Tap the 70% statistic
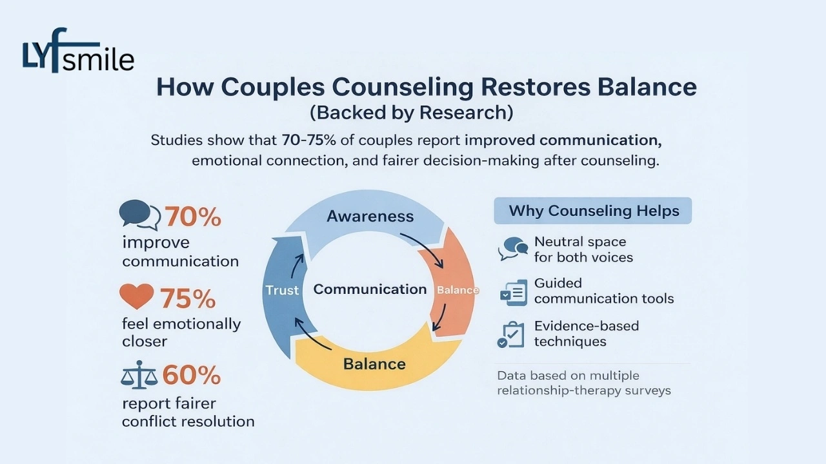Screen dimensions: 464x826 point(193,217)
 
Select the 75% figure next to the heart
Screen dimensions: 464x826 point(188,298)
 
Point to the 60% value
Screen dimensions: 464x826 point(192,374)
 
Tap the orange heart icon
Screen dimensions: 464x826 point(137,296)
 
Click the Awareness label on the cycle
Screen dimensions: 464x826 point(370,216)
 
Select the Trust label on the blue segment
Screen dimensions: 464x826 point(282,290)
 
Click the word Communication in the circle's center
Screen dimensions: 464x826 point(370,289)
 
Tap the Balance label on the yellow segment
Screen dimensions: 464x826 point(374,363)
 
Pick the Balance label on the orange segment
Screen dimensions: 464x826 point(458,290)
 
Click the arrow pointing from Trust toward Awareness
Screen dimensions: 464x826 point(298,264)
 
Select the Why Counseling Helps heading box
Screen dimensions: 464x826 point(593,211)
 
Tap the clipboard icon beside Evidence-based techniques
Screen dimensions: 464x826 point(512,334)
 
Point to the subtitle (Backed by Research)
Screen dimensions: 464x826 point(412,112)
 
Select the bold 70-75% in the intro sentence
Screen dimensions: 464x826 point(308,140)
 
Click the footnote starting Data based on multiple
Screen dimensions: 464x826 point(583,383)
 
